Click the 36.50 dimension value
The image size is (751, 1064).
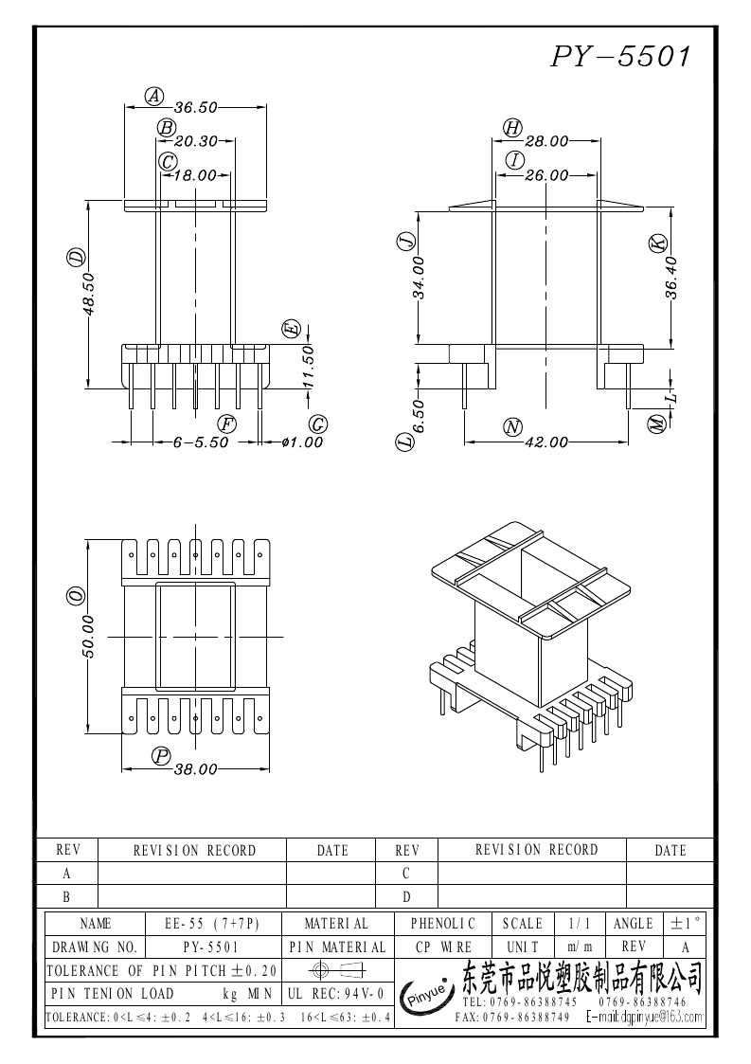(196, 108)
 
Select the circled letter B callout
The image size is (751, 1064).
(167, 127)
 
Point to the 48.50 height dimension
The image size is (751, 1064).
(88, 294)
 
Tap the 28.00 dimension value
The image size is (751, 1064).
(546, 142)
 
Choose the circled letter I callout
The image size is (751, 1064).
(515, 159)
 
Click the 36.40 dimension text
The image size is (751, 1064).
(671, 279)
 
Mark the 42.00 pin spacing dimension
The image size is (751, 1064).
(546, 442)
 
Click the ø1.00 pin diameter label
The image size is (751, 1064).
(302, 442)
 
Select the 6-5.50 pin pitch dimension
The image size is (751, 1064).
(201, 442)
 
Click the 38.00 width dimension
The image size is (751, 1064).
(196, 769)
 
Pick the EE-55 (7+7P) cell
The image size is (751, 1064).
(214, 923)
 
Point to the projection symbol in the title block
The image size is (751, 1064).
(336, 970)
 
